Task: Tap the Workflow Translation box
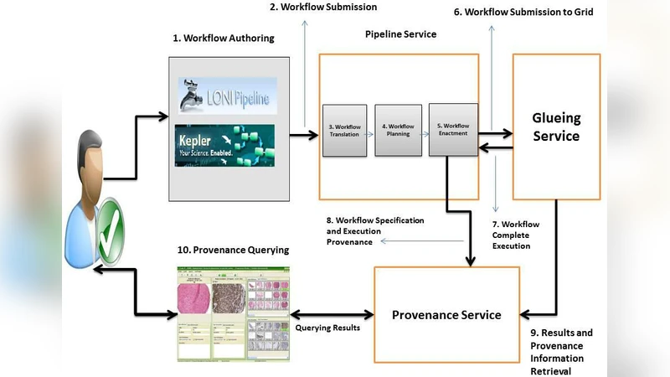click(x=343, y=130)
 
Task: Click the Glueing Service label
click(x=556, y=127)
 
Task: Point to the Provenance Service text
click(x=446, y=315)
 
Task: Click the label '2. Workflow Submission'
click(x=322, y=8)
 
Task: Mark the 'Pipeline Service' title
click(x=400, y=34)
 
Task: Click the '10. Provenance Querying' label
click(x=232, y=250)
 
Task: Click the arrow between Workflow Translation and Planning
click(x=370, y=130)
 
